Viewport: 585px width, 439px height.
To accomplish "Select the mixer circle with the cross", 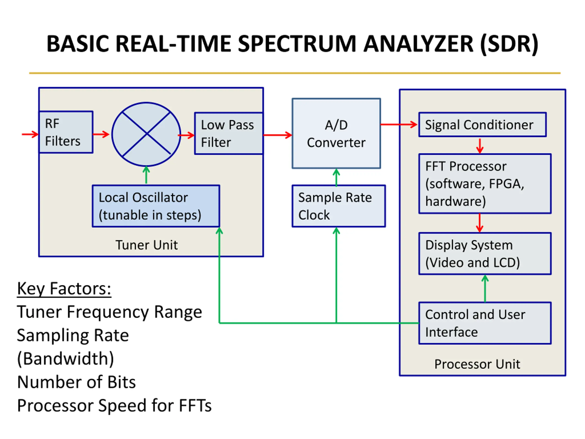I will [x=146, y=134].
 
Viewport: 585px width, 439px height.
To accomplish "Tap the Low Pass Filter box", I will [x=229, y=133].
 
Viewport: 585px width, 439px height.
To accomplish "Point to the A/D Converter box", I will [x=336, y=133].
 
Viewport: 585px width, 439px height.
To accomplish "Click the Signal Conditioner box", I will [x=482, y=125].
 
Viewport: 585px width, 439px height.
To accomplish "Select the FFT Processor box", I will [x=485, y=183].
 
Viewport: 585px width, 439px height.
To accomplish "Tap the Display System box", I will [x=485, y=254].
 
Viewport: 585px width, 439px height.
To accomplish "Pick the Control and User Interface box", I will [x=485, y=323].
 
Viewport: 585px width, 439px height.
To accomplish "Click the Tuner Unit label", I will [x=146, y=245].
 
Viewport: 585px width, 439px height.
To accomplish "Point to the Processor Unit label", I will [x=477, y=364].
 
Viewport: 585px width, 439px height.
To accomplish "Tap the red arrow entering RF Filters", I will [x=30, y=134].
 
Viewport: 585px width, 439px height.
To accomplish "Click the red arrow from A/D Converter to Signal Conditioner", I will [x=399, y=124].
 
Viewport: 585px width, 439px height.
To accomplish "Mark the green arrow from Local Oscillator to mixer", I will [x=146, y=175].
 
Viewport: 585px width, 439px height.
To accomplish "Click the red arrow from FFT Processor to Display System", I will [x=479, y=223].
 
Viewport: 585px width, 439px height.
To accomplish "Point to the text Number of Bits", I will [x=76, y=382].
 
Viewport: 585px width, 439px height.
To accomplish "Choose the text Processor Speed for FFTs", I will [x=114, y=405].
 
